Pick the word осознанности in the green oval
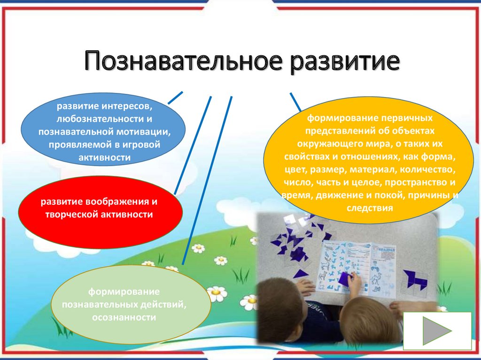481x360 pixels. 124,317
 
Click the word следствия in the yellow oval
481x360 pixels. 370,208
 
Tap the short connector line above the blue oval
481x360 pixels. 175,98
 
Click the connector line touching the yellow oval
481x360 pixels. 295,102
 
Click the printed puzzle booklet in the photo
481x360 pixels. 356,269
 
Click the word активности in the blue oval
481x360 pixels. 105,158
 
